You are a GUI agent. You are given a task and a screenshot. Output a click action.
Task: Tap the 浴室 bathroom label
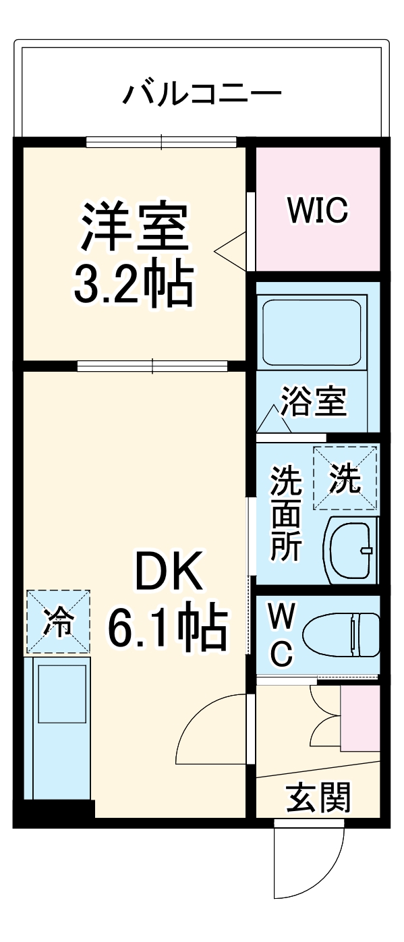coord(314,402)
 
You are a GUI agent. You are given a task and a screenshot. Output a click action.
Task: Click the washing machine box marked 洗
coord(345,478)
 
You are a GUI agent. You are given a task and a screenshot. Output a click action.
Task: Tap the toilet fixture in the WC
coord(341,635)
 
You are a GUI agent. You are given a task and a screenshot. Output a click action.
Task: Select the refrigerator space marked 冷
coord(58,621)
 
